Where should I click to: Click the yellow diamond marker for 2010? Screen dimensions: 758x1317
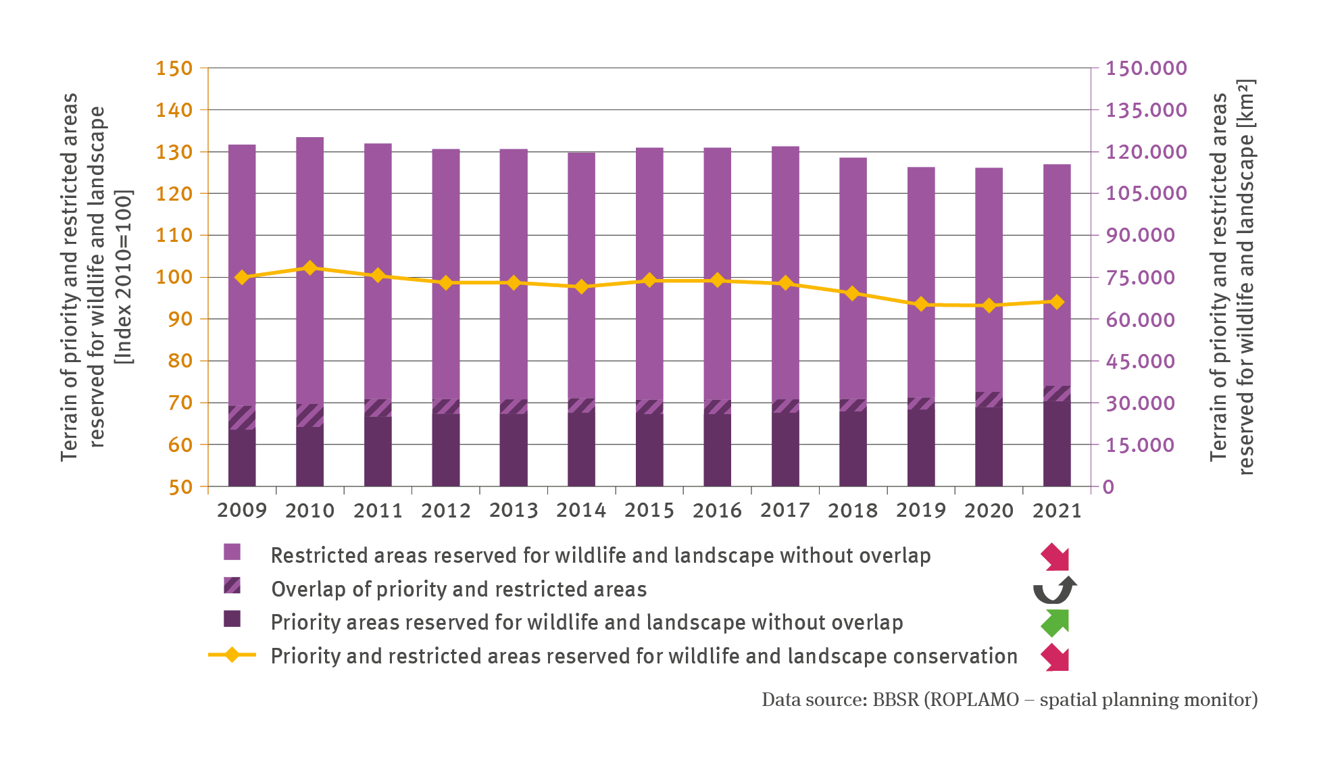pos(310,268)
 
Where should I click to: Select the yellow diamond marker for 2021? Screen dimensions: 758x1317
pos(1057,302)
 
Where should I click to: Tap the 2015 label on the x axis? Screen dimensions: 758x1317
pos(649,510)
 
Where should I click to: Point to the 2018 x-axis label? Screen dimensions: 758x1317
pos(853,510)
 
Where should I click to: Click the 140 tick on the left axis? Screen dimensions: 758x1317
pos(174,109)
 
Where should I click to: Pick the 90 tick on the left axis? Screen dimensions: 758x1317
pos(180,319)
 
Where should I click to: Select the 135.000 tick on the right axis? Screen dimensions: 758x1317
pos(1146,109)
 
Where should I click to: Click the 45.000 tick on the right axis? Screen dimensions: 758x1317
pos(1141,361)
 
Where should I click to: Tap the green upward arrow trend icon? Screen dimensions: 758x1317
pos(1055,622)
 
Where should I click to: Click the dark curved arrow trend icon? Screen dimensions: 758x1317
pos(1054,590)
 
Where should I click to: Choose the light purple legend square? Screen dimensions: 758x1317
pos(232,552)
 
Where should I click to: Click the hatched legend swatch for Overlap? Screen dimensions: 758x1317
pos(232,585)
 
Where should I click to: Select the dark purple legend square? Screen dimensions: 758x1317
pos(232,619)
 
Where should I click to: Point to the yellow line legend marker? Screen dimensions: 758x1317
pos(232,655)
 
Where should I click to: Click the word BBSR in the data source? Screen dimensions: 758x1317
pos(895,700)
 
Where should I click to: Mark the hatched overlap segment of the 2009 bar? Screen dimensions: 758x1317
pos(242,418)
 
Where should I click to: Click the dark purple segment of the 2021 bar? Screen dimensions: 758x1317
pos(1057,444)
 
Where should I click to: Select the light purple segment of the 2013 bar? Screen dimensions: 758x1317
pos(514,270)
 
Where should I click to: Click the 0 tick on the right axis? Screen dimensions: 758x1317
pos(1108,486)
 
